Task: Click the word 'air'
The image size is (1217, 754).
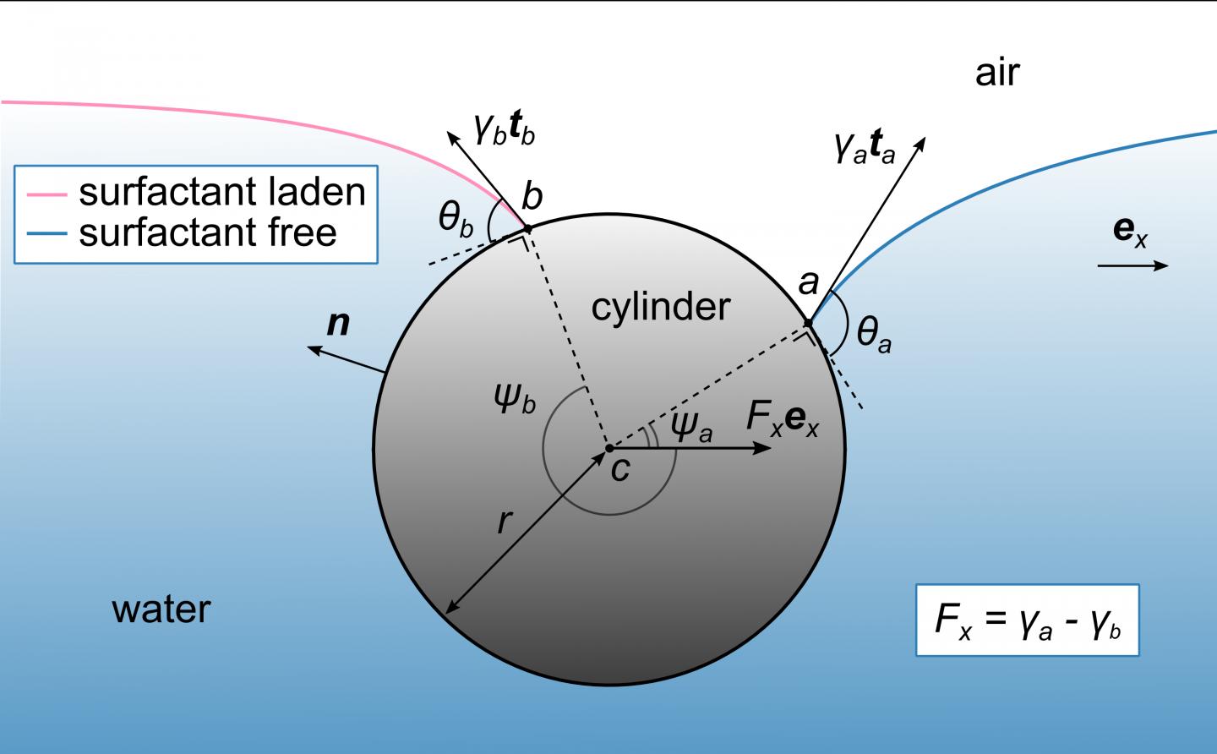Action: [997, 74]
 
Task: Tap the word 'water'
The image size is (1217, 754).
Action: [161, 609]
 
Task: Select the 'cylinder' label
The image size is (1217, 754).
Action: [660, 306]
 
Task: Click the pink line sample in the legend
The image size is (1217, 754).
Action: [46, 194]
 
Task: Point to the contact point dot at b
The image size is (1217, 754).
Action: [527, 228]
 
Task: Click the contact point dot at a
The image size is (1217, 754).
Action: [808, 323]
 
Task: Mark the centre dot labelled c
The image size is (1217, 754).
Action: [608, 447]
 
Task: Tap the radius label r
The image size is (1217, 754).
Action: [505, 522]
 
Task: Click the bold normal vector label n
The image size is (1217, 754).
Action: [338, 323]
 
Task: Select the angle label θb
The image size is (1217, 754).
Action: [456, 220]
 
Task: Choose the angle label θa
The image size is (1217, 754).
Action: [873, 335]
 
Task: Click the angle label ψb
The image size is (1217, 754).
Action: [516, 398]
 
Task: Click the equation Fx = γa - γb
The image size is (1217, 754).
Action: [1027, 621]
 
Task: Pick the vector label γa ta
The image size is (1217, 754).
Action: [864, 150]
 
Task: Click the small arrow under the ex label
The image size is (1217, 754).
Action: [1132, 265]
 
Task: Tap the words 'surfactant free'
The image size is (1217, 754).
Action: [208, 232]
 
